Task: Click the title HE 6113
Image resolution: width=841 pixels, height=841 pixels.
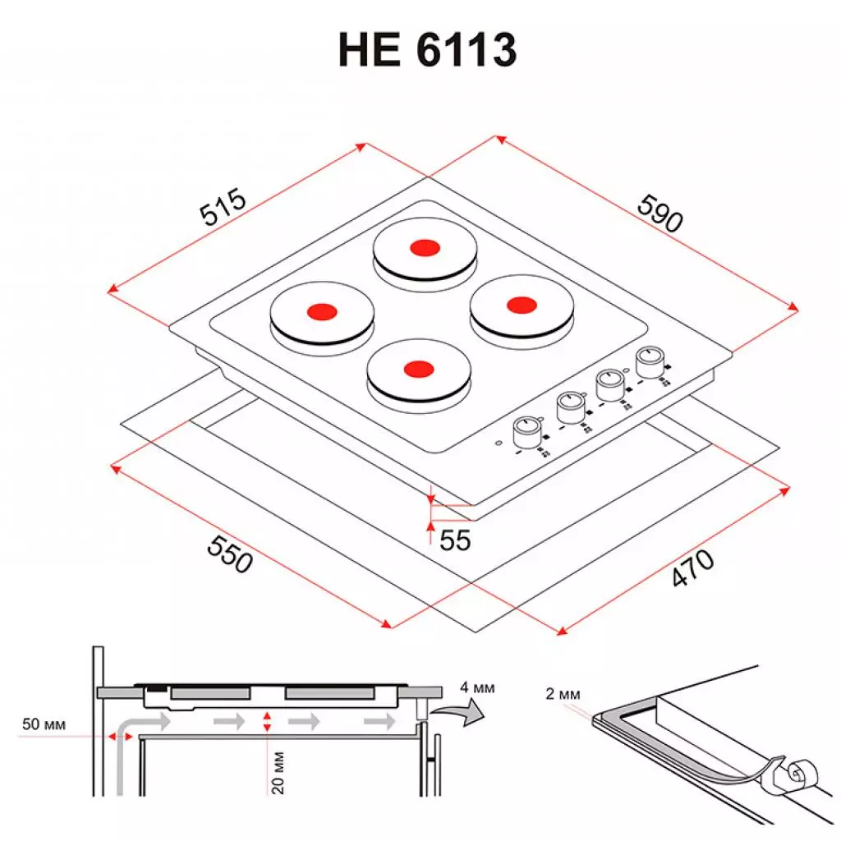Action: coord(427,51)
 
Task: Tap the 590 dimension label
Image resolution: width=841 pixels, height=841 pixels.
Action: coord(659,213)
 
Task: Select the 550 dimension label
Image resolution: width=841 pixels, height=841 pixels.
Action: coord(227,554)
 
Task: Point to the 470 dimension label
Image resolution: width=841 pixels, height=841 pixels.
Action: coord(692,569)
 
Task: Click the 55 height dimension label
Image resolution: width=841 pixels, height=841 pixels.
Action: coord(455,540)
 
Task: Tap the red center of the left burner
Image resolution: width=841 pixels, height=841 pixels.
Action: coord(321,311)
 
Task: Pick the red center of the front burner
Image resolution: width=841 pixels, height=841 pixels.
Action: coord(417,368)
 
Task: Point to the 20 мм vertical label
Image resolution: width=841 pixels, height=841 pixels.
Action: coord(278,771)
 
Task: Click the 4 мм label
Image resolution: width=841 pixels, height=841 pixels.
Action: coord(477,687)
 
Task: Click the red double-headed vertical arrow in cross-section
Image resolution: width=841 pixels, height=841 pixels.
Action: coord(267,723)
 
